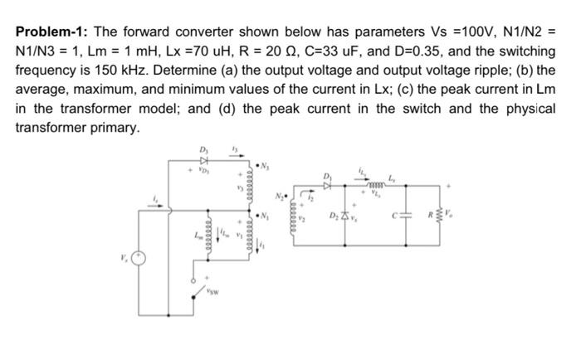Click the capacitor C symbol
pyautogui.click(x=407, y=218)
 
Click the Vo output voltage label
pyautogui.click(x=452, y=217)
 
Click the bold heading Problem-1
pyautogui.click(x=51, y=32)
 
